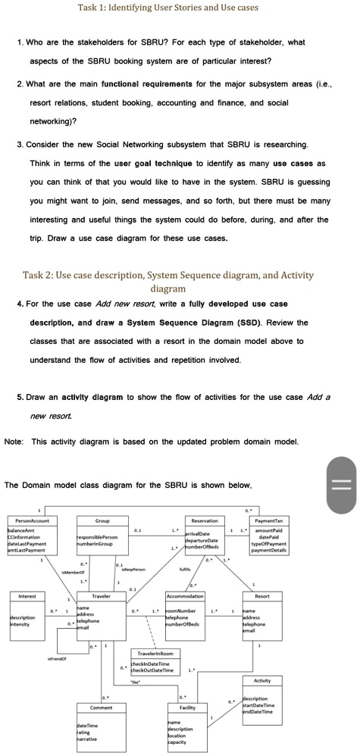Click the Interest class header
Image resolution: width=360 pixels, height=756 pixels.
pyautogui.click(x=27, y=597)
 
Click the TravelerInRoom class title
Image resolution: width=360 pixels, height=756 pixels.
pyautogui.click(x=155, y=651)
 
